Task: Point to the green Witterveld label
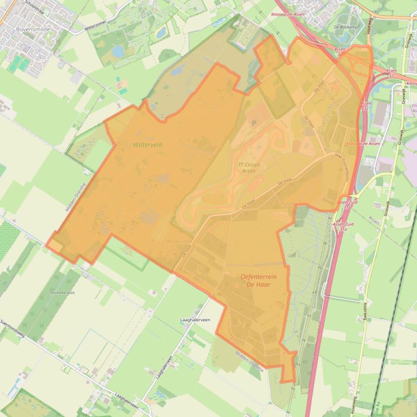147,145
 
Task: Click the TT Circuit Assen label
249,167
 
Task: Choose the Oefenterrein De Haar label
258,280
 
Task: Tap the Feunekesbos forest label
61,291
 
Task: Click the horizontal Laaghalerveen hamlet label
195,320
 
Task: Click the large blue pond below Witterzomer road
118,51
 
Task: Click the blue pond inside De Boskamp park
345,37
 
